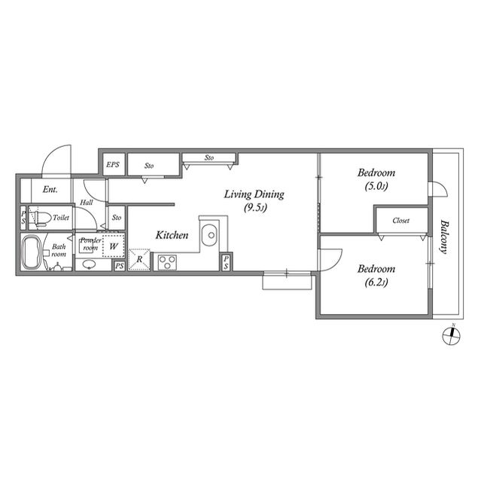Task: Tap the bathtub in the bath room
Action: (x=32, y=252)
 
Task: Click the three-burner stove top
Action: (x=167, y=262)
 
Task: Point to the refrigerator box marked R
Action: (x=139, y=260)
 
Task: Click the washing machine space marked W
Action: (x=114, y=246)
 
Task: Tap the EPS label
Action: (x=113, y=164)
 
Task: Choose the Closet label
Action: (x=400, y=221)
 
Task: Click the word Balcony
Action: (x=443, y=236)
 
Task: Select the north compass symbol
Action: (x=451, y=335)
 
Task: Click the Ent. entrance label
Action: (x=50, y=189)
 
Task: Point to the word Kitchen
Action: (x=172, y=235)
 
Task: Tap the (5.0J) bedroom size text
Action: (x=376, y=186)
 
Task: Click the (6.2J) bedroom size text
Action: (x=376, y=282)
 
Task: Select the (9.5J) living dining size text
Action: (x=255, y=208)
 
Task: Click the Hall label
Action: (x=87, y=203)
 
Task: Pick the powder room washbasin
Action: (x=89, y=264)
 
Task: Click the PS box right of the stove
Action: (x=226, y=262)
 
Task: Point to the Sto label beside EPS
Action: (x=149, y=166)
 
